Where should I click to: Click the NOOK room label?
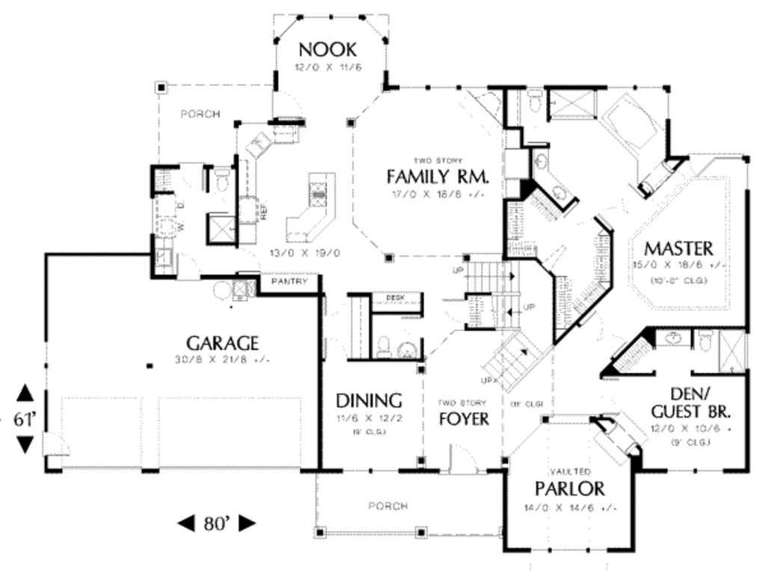pos(327,50)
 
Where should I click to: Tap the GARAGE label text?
pos(222,343)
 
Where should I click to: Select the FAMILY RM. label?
pos(438,177)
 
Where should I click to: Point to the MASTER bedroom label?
pos(678,248)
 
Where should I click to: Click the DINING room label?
pos(368,400)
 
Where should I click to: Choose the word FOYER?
pos(464,419)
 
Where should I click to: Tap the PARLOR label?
pos(570,489)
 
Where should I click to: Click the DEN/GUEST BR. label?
pos(690,403)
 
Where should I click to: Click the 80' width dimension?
pos(216,523)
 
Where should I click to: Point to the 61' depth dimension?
pos(25,420)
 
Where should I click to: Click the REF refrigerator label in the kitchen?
pos(263,213)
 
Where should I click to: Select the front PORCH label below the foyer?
pos(388,507)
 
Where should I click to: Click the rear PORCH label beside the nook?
pos(200,114)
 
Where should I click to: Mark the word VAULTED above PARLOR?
pos(571,471)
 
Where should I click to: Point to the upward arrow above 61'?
pos(25,393)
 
